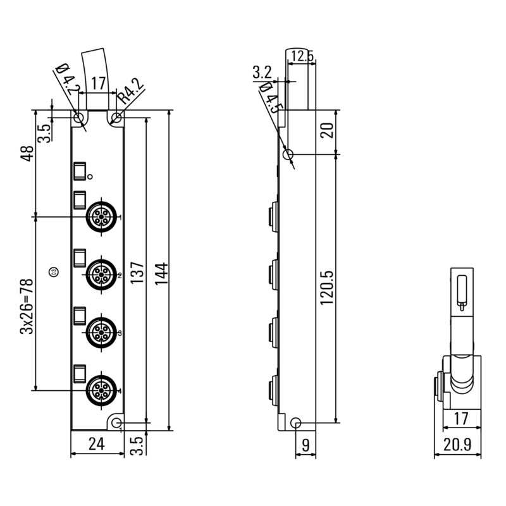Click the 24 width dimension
[x=96, y=444]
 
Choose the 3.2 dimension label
[x=262, y=71]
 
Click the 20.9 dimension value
[x=458, y=445]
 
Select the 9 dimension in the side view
[x=305, y=445]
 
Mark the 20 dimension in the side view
[x=327, y=132]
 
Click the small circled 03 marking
[x=54, y=273]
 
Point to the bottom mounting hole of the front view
[x=116, y=421]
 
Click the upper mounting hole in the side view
[x=288, y=154]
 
